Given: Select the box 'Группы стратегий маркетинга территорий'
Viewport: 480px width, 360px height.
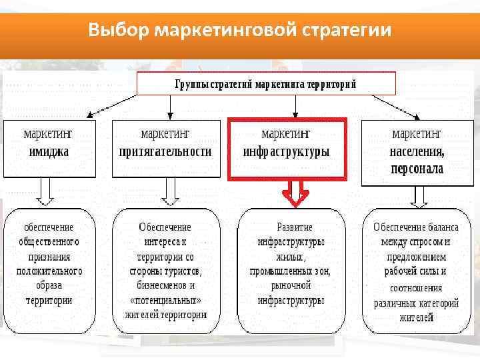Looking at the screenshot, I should pyautogui.click(x=266, y=84).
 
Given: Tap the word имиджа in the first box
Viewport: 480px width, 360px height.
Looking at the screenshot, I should pyautogui.click(x=49, y=151).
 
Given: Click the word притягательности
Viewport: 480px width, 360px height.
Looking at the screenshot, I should pyautogui.click(x=165, y=151).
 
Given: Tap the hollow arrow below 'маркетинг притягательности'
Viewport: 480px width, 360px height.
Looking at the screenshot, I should pyautogui.click(x=171, y=193).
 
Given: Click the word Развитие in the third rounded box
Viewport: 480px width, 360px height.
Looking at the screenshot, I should pyautogui.click(x=295, y=227).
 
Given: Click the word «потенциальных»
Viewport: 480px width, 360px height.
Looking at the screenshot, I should pyautogui.click(x=166, y=300).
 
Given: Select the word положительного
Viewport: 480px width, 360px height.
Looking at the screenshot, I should pyautogui.click(x=49, y=271).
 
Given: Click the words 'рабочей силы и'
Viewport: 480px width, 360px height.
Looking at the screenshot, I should pyautogui.click(x=415, y=271).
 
